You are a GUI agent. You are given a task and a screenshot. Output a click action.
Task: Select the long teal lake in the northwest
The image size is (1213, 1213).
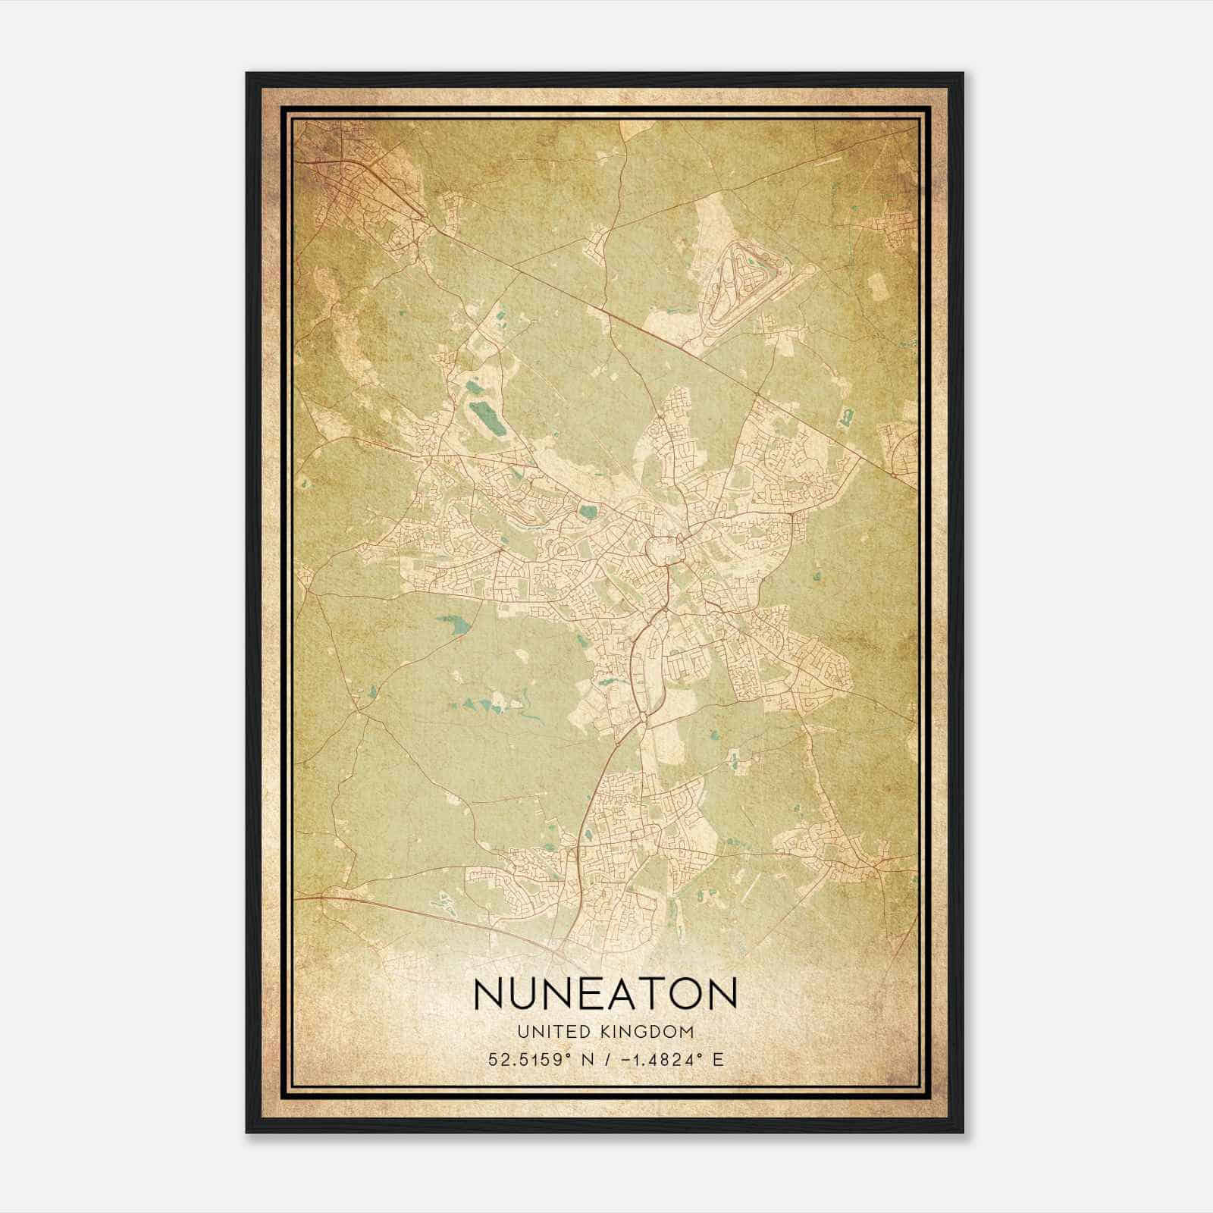(482, 415)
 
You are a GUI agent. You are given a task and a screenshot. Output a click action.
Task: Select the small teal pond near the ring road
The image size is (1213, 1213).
(588, 513)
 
